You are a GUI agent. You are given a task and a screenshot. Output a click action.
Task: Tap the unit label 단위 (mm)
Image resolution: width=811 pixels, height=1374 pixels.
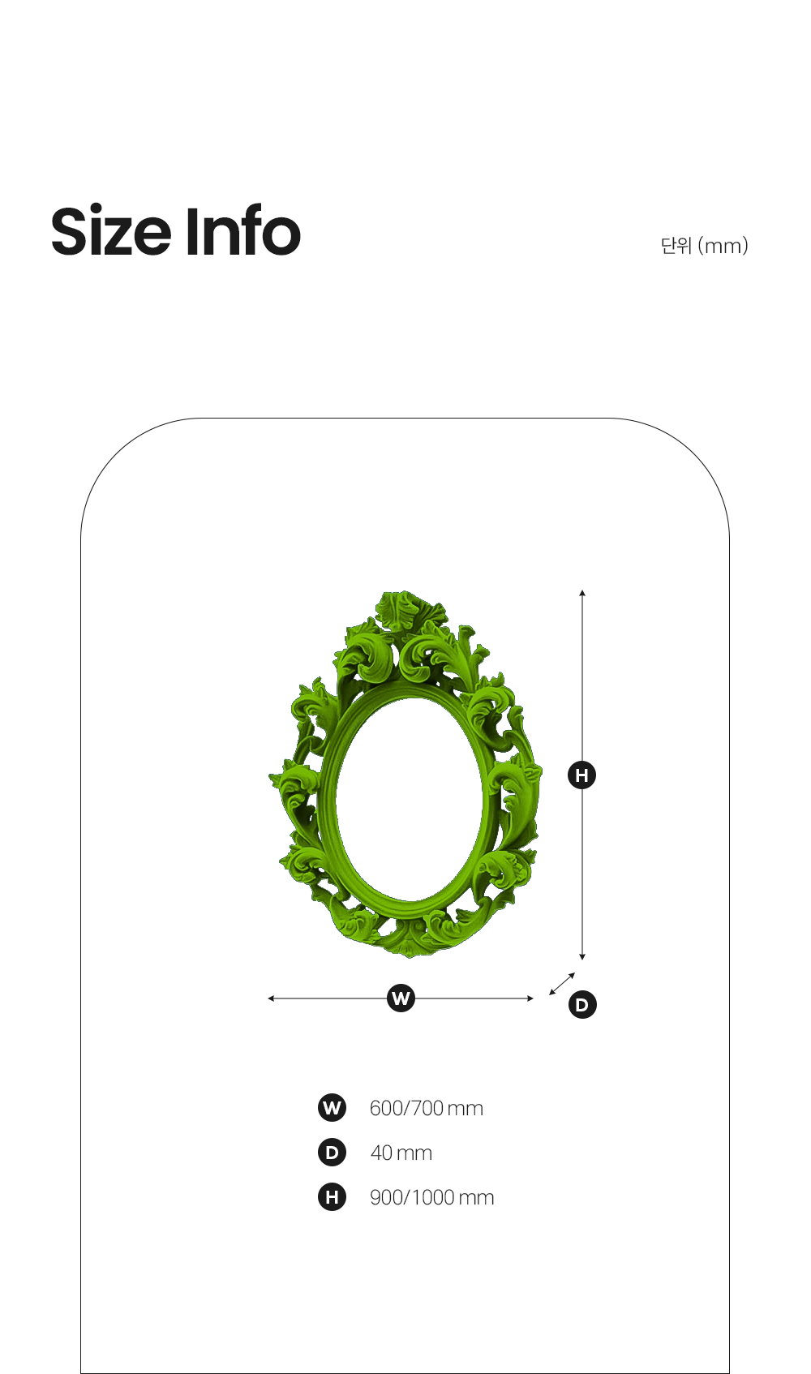pyautogui.click(x=704, y=245)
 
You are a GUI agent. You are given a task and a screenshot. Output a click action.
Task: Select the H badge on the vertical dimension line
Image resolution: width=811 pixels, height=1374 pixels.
pyautogui.click(x=581, y=775)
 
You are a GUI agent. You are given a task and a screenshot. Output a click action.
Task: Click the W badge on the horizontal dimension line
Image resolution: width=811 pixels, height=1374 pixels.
pyautogui.click(x=401, y=998)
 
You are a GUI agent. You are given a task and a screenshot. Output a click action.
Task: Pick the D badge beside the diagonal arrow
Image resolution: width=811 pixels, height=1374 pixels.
pyautogui.click(x=582, y=1004)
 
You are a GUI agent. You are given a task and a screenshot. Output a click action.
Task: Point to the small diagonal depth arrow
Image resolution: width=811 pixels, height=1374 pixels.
pyautogui.click(x=562, y=984)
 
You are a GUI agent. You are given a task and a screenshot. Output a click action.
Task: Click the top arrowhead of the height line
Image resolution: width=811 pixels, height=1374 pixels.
pyautogui.click(x=582, y=593)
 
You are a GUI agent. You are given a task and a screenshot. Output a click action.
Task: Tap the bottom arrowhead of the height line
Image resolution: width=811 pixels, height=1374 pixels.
pyautogui.click(x=582, y=957)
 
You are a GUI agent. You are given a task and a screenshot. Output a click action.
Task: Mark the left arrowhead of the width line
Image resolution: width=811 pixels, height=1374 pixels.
pyautogui.click(x=271, y=998)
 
